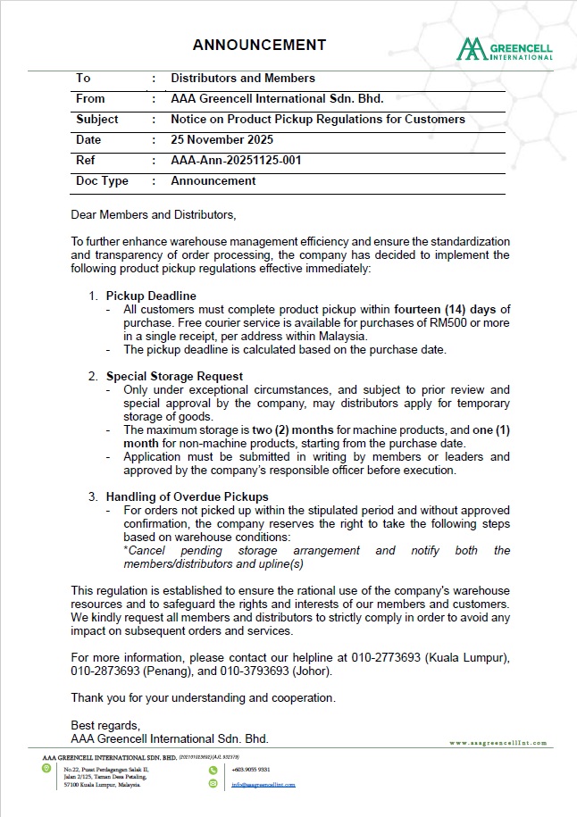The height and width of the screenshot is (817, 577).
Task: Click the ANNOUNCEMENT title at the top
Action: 259,45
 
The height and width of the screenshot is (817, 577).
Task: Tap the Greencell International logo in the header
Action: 505,49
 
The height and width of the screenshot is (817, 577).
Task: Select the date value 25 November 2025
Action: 222,140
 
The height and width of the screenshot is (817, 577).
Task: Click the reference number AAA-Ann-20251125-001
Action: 236,161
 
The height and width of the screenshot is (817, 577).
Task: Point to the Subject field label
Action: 97,120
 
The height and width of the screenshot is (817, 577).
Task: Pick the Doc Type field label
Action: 103,181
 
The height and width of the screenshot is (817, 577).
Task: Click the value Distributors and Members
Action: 243,79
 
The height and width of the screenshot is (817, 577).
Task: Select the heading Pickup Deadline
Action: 151,296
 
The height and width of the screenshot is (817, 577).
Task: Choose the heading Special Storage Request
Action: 174,376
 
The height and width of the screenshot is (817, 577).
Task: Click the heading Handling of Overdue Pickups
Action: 187,496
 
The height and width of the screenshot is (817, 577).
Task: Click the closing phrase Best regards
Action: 105,725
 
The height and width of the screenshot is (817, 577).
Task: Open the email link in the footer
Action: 263,785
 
